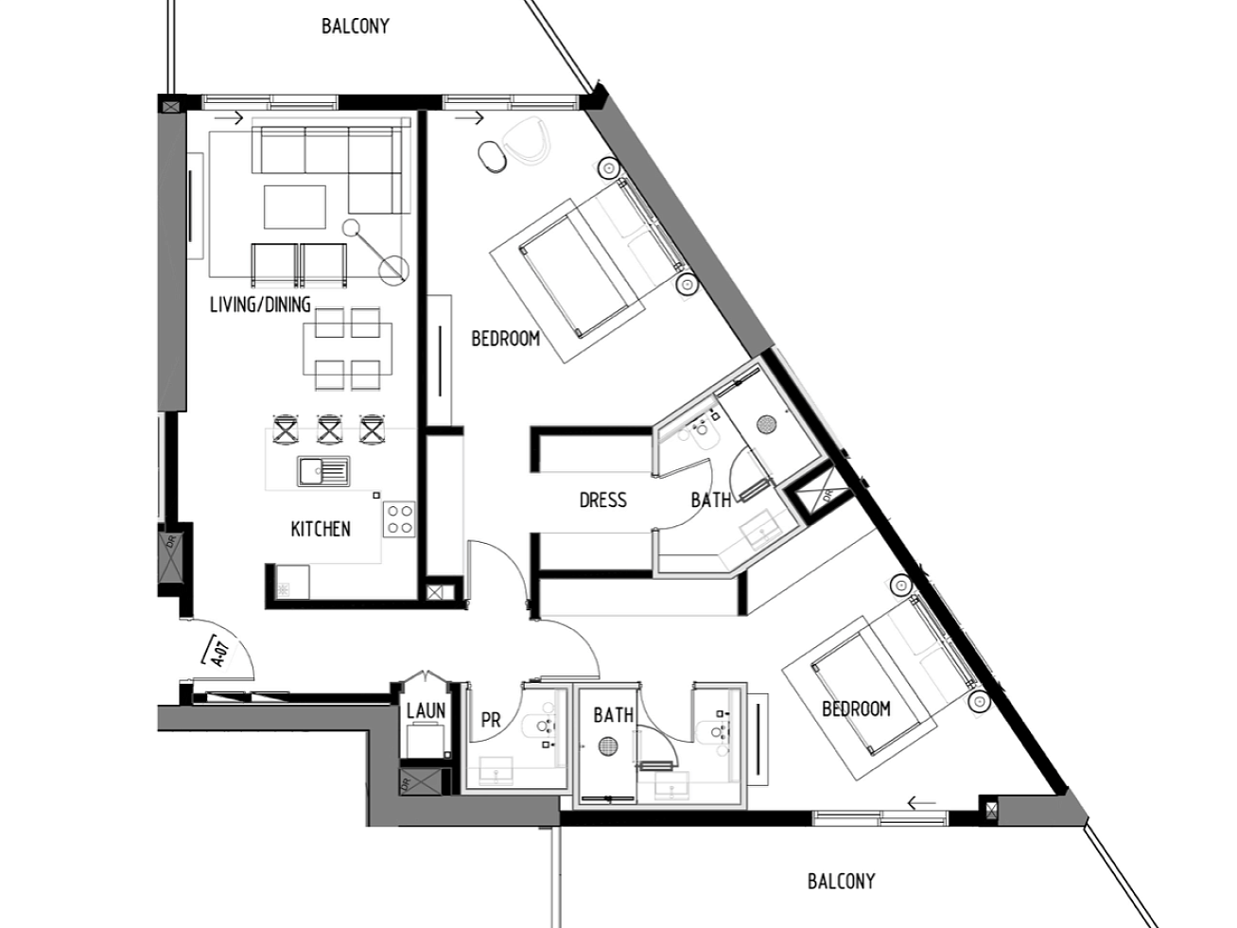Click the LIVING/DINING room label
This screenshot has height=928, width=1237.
pos(260,305)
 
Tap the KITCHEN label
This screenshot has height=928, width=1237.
pos(321,529)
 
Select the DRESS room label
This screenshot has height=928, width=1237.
pos(603,499)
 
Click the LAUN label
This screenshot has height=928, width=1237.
pos(427,710)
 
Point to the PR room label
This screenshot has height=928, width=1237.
pos(491,720)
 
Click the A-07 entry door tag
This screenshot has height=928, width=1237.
pos(219,653)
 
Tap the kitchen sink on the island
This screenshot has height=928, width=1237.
pos(323,471)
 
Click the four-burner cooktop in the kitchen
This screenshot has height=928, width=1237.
pos(399,519)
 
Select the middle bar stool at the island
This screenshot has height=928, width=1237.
pos(329,429)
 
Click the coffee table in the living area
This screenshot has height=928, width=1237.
pos(295,207)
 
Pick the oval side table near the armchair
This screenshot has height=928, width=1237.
pos(492,156)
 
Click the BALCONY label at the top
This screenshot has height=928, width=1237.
pos(356,26)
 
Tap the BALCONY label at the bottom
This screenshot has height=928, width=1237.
pos(842,881)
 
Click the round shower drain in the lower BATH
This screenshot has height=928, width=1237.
pos(608,746)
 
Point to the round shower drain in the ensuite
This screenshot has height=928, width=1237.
pos(766,424)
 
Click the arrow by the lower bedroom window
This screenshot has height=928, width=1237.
pos(921,802)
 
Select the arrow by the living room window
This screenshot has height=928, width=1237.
pos(229,117)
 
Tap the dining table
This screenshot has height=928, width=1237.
pos(348,349)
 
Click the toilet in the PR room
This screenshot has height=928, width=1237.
pos(538,727)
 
